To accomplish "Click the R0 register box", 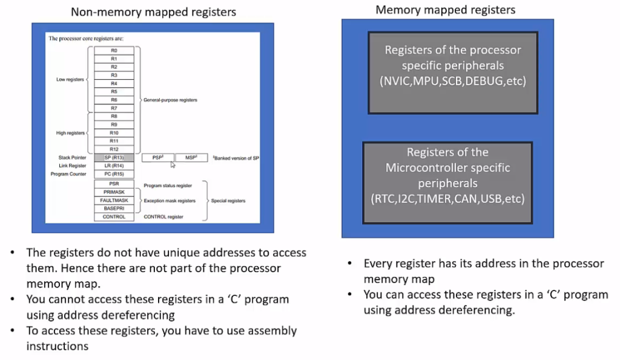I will coord(114,50).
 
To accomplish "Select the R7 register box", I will coord(114,108).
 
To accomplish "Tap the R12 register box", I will coord(114,149).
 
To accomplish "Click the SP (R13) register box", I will coord(114,157).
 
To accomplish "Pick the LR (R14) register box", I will coord(114,166).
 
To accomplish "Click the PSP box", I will coord(157,157).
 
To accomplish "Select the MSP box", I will coord(191,157).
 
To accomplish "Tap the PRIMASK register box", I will coord(114,192).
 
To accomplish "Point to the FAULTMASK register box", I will coord(114,200).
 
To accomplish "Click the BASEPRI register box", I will coord(114,208).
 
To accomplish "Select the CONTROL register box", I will coord(114,217).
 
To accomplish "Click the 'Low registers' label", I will coord(70,79).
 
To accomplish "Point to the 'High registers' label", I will coord(70,133).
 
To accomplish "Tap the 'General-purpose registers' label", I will coord(170,100).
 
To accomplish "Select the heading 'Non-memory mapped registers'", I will coord(153,12).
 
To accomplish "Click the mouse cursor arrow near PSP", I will coord(173,164).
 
